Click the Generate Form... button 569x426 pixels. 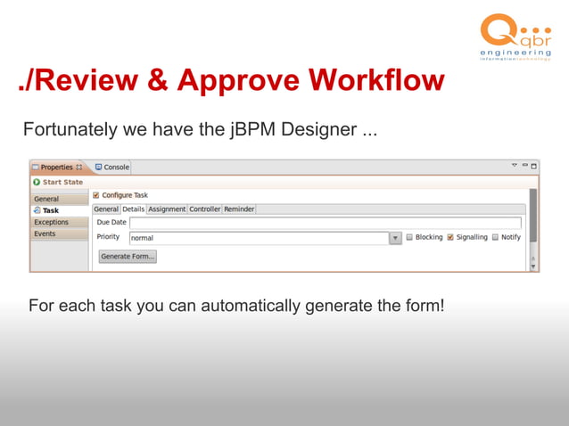128,257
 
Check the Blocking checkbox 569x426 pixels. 410,238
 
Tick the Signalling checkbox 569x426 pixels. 450,238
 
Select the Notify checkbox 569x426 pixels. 495,238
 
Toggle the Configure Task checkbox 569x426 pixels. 96,195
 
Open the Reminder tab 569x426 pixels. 239,209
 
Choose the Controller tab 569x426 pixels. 205,209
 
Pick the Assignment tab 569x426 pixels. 167,209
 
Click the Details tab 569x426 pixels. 133,209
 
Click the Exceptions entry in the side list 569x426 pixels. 51,222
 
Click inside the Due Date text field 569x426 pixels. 325,223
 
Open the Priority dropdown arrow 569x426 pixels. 395,238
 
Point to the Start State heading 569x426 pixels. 62,182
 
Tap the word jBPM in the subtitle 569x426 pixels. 252,129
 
